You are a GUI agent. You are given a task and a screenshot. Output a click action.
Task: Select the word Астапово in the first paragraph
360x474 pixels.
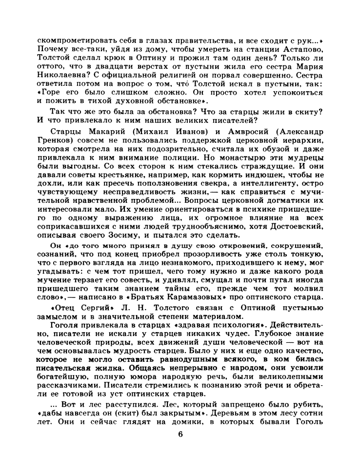pyautogui.click(x=301, y=49)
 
